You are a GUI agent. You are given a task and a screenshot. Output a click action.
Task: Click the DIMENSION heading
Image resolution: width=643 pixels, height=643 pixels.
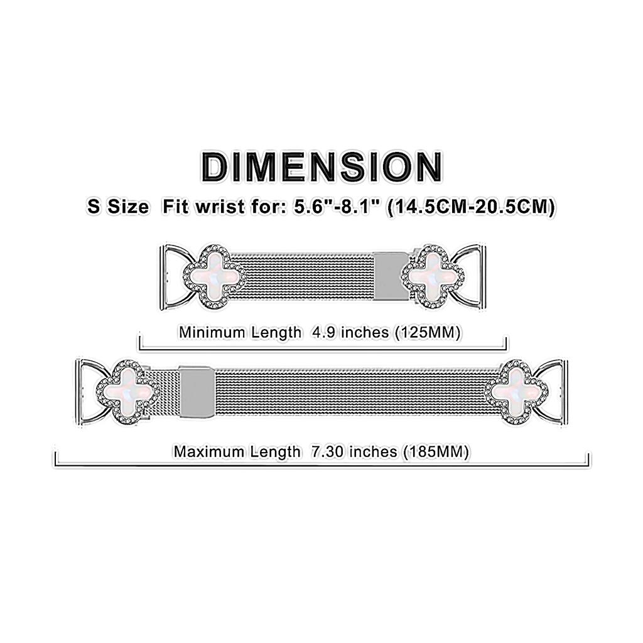pos(321,167)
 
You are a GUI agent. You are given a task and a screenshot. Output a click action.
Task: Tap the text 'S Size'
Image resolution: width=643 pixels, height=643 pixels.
pos(119,207)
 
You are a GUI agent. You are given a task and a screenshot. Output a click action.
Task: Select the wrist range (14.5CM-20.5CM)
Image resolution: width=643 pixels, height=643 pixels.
pos(471,207)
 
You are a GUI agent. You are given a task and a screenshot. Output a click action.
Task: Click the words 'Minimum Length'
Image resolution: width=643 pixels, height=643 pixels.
pos(240,332)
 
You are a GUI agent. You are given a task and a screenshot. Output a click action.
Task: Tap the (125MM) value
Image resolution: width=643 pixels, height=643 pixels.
pos(428,332)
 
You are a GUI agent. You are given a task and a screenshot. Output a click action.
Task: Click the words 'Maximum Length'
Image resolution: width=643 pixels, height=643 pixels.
pos(237,451)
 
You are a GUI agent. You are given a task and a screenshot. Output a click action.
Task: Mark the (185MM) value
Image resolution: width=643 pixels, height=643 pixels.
pos(436,451)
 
